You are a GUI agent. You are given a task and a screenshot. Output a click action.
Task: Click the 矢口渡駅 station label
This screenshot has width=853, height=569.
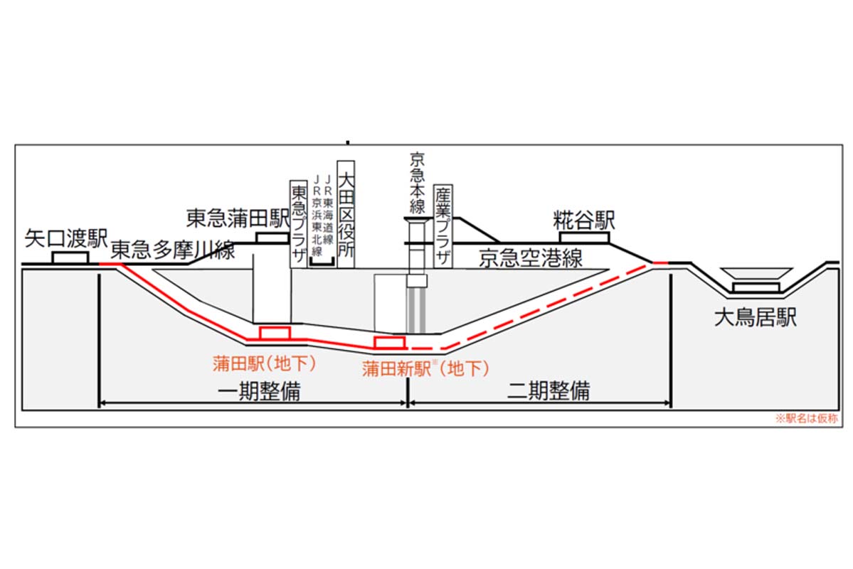click(x=67, y=237)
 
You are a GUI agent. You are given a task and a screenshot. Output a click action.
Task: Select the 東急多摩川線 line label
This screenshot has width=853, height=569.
click(x=173, y=250)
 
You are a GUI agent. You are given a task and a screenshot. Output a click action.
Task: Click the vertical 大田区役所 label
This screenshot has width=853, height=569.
click(x=346, y=213)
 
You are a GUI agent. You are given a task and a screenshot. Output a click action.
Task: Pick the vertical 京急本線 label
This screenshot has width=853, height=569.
click(x=417, y=183)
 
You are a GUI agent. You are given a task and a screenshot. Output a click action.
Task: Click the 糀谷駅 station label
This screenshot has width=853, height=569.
click(x=584, y=219)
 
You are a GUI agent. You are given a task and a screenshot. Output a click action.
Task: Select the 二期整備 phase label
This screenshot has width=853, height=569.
click(x=549, y=390)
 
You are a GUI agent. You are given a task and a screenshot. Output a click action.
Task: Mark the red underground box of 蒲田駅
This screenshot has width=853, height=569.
click(x=275, y=333)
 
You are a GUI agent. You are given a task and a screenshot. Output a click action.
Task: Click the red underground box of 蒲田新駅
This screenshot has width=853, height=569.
click(x=390, y=342)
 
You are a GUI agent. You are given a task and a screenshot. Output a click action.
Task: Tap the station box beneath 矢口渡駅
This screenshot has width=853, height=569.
click(x=70, y=257)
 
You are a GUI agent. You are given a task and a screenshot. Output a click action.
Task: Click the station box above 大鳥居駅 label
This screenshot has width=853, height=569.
click(x=756, y=287)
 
